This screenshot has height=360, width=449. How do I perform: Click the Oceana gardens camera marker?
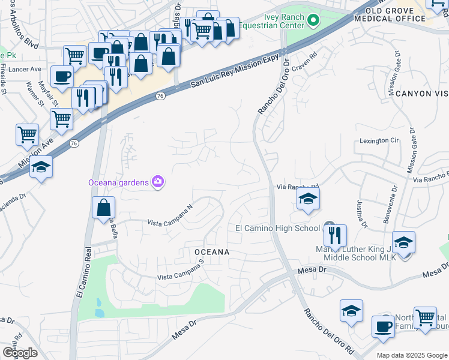[158, 182]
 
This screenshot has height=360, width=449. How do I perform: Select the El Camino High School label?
[277, 228]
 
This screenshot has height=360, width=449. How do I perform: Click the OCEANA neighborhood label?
[211, 252]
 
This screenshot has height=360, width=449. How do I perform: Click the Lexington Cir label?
[379, 140]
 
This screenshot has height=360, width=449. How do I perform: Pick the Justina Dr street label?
[362, 213]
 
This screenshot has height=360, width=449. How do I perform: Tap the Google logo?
[20, 353]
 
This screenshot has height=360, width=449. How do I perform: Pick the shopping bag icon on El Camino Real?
[104, 208]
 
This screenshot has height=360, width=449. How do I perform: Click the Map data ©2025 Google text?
[412, 355]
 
